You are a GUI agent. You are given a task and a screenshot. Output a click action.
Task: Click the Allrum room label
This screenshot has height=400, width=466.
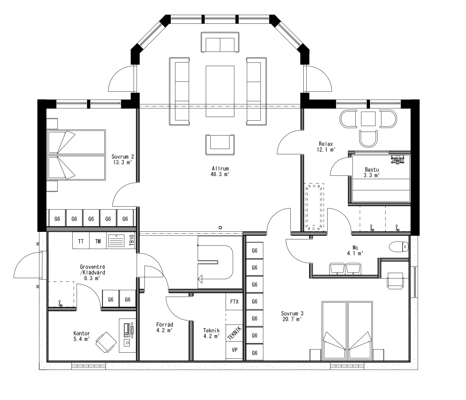[220, 169]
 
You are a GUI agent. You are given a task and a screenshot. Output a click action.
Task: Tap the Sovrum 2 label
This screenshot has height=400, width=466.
[123, 157]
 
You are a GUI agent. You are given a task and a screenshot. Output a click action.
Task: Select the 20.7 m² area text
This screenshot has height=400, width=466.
[292, 319]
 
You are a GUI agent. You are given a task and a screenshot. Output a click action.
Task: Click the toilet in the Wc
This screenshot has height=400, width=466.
[399, 247]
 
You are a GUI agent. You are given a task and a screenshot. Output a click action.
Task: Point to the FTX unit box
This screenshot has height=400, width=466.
[234, 302]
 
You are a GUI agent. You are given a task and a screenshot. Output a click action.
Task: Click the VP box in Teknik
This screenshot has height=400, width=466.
[234, 349]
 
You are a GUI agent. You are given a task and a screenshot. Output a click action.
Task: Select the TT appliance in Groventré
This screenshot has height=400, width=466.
[81, 241]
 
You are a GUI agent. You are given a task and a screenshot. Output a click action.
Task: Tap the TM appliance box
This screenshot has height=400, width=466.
[98, 241]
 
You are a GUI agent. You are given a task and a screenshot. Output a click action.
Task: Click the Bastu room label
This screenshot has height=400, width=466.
[371, 169]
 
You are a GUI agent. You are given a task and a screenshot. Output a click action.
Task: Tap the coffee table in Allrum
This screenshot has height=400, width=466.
[220, 91]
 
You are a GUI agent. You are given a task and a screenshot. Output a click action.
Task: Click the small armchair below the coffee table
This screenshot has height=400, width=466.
[220, 145]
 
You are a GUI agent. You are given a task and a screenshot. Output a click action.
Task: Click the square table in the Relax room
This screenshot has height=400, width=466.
[368, 119]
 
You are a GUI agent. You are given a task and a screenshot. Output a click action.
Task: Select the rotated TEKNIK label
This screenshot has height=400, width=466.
[234, 332]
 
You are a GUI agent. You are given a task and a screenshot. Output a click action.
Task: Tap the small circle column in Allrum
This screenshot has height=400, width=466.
[220, 228]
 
